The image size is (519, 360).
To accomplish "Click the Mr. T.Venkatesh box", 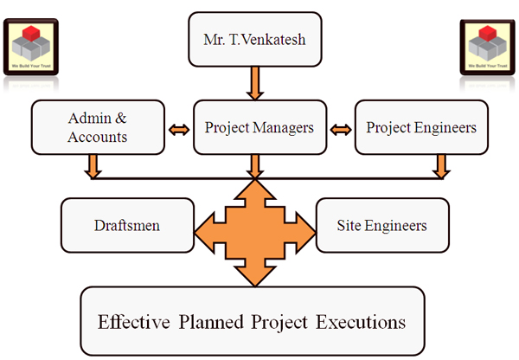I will [x=253, y=39].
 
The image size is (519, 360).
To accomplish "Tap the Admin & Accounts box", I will [x=97, y=127].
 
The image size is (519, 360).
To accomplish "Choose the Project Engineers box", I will [x=420, y=127].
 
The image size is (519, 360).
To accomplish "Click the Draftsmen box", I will [x=126, y=226].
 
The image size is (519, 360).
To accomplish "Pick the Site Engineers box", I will [x=382, y=226].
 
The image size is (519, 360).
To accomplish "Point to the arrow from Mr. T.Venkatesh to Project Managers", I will [x=254, y=83].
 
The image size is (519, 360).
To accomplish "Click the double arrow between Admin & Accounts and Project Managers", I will [x=179, y=129].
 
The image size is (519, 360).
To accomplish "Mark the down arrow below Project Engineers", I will [x=440, y=164].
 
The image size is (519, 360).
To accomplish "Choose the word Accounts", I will [x=97, y=137].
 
